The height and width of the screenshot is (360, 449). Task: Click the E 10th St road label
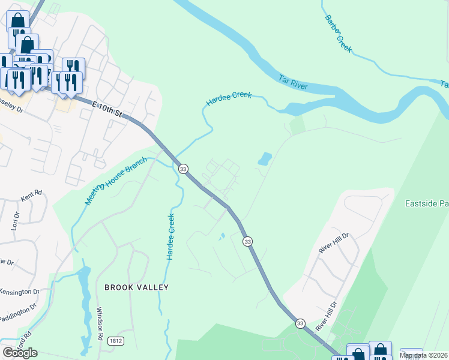pos(110,110)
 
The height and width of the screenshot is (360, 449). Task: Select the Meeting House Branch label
pos(116,181)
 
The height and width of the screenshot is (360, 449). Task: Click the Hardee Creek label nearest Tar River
pos(229,99)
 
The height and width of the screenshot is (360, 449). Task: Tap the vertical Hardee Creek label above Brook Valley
pos(170,236)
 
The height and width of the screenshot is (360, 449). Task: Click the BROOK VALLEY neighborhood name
pos(136,287)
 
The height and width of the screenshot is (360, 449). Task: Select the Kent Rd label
pos(31,195)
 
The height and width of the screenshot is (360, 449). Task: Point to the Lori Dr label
pos(16,220)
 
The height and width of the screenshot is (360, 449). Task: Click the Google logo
pos(20,352)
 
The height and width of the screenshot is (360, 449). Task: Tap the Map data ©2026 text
pos(423,355)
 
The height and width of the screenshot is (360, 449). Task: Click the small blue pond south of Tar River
pos(264,158)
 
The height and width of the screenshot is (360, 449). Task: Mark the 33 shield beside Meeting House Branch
pos(184,168)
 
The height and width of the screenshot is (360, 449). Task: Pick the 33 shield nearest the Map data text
pos(300,323)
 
